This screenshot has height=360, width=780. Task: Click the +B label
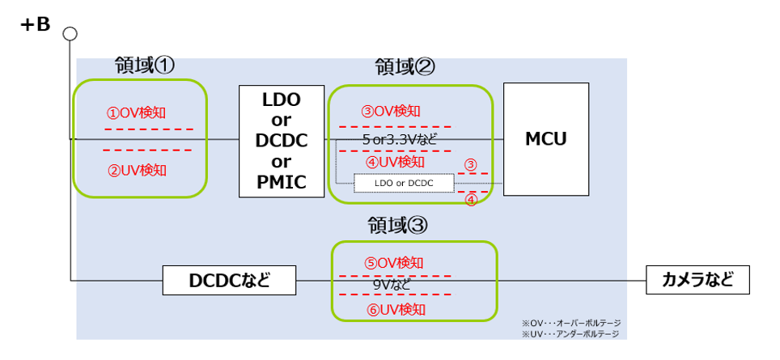point(36,25)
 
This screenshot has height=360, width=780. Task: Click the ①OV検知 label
point(136,113)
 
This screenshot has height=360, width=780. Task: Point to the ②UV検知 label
point(138,171)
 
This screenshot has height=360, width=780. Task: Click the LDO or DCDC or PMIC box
point(282,142)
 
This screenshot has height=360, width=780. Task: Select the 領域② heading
point(405,66)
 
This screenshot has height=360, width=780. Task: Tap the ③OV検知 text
point(391,112)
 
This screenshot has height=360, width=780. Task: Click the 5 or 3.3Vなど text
point(400,140)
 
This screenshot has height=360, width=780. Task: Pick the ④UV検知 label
point(395,162)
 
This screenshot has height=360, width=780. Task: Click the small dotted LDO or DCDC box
point(404,184)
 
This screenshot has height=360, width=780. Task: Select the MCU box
point(546,139)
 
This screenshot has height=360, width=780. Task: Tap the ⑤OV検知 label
point(395,263)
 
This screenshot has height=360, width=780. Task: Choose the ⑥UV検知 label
point(396,310)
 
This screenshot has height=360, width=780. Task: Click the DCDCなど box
point(229,281)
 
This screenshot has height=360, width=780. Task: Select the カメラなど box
point(698,280)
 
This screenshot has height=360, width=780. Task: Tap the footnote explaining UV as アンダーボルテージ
point(570,334)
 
